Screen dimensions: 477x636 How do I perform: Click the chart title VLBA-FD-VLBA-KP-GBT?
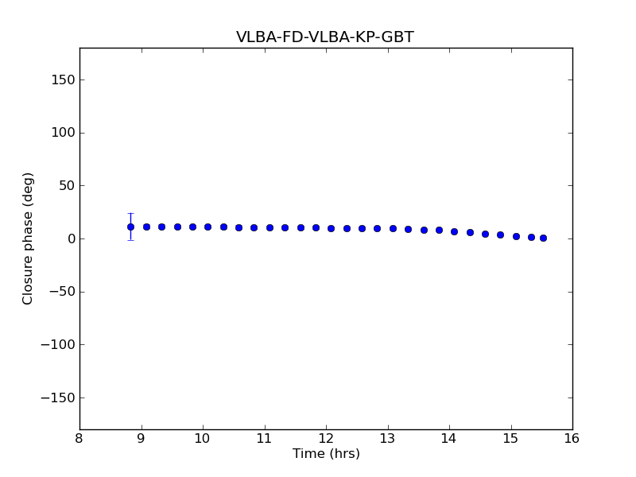click(x=324, y=37)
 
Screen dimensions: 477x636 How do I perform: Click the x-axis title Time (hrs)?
click(x=326, y=454)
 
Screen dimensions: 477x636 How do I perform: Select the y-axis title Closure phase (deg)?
click(x=29, y=238)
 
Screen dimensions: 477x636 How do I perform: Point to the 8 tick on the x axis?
click(x=79, y=438)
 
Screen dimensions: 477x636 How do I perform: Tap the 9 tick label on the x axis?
click(x=141, y=438)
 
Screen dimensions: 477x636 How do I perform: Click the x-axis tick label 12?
click(x=326, y=438)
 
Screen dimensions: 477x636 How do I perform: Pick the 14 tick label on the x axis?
click(x=449, y=438)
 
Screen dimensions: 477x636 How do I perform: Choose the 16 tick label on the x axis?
click(x=572, y=438)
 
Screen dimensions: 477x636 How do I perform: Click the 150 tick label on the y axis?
click(x=63, y=80)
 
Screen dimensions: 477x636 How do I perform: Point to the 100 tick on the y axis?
click(x=63, y=133)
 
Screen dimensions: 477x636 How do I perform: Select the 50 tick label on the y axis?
click(x=66, y=186)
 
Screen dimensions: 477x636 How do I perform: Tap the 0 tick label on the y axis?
click(x=71, y=239)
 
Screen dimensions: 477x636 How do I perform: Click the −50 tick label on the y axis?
click(x=62, y=292)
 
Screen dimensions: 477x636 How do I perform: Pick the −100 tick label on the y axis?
click(x=59, y=345)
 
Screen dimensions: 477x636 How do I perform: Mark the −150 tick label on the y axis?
click(x=59, y=398)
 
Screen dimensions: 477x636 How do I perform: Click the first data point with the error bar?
click(x=130, y=227)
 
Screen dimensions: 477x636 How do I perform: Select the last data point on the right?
click(x=543, y=238)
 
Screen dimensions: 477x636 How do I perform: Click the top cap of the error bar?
click(x=130, y=213)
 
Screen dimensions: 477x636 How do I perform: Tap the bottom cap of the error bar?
click(x=130, y=240)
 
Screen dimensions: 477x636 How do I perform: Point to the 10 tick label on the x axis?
click(x=203, y=438)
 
